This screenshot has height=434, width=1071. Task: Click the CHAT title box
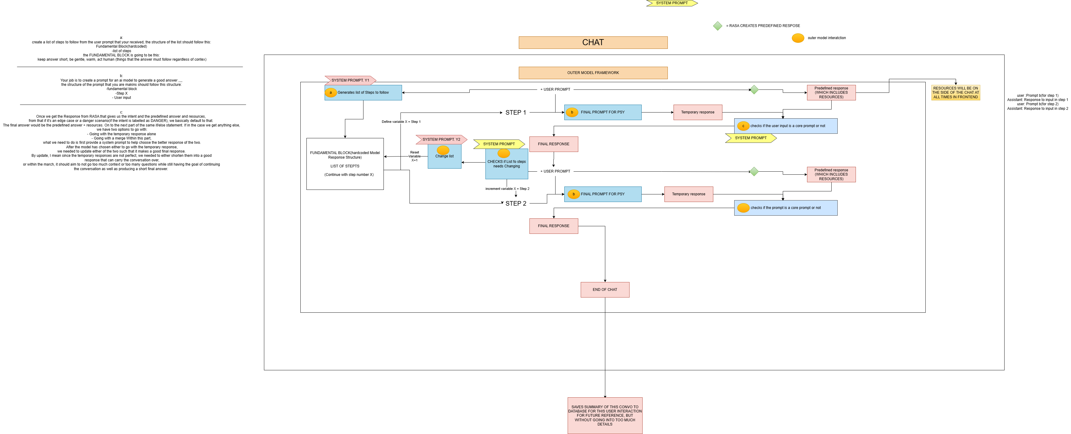(593, 42)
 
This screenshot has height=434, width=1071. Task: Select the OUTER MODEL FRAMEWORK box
(593, 73)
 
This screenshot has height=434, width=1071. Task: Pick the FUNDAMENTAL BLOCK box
(345, 164)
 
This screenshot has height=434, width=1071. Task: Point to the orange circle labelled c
(743, 126)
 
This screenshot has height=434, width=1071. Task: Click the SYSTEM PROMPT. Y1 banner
(350, 80)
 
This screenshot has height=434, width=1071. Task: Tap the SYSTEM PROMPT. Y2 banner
(441, 139)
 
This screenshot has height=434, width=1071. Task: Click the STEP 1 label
(515, 113)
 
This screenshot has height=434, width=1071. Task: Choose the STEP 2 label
(515, 203)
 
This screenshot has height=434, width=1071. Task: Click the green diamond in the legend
(718, 26)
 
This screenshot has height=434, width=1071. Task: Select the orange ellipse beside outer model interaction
(798, 38)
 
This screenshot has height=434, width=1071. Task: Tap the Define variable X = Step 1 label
(401, 122)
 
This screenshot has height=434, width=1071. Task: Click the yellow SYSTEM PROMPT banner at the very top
(671, 3)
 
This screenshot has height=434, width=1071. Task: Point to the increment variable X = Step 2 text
(507, 189)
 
